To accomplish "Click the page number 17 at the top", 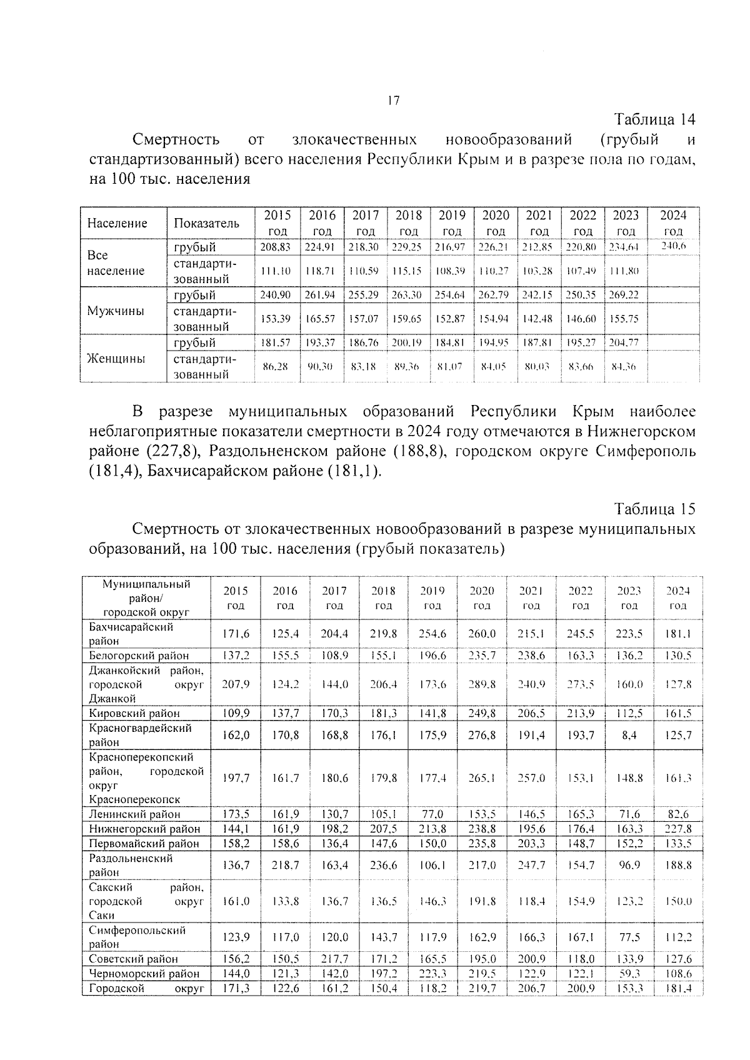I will pos(393,100).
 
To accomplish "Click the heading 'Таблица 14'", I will pos(654,119).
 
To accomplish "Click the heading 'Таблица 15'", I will pos(654,508).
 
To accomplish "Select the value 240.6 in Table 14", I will pos(673,246).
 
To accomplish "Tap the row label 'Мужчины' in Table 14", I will pos(116,311).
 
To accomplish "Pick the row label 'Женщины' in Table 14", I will pos(116,358).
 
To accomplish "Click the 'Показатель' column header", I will pos(206,223).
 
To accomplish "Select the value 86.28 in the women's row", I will pos(275,367).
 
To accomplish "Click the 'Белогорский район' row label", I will pos(139,656).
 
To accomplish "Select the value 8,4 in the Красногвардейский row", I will pos(629,735).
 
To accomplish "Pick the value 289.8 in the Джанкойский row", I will pos(481,684).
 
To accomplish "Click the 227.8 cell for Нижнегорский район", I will pos(678,829).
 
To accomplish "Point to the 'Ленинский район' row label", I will pos(134,814).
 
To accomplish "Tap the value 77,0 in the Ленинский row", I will pos(432,814).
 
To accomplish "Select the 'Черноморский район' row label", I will pos(144,973).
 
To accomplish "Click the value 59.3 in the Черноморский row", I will pos(629,973).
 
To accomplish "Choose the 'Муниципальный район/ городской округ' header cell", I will pos(146,598).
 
